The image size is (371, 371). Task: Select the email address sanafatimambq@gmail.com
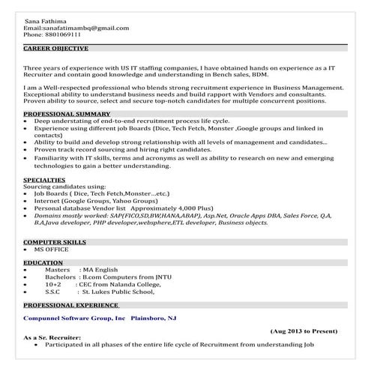coord(85,28)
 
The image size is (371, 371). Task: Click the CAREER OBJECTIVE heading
coord(55,48)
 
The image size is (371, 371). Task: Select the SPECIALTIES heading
coord(44,181)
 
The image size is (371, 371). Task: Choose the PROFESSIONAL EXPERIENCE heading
coord(71,306)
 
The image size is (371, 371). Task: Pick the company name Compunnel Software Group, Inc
coord(74,319)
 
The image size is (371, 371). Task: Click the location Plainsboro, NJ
coord(154,319)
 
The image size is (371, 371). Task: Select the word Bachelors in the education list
coord(61,277)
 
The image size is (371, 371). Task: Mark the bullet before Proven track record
coord(27,148)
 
